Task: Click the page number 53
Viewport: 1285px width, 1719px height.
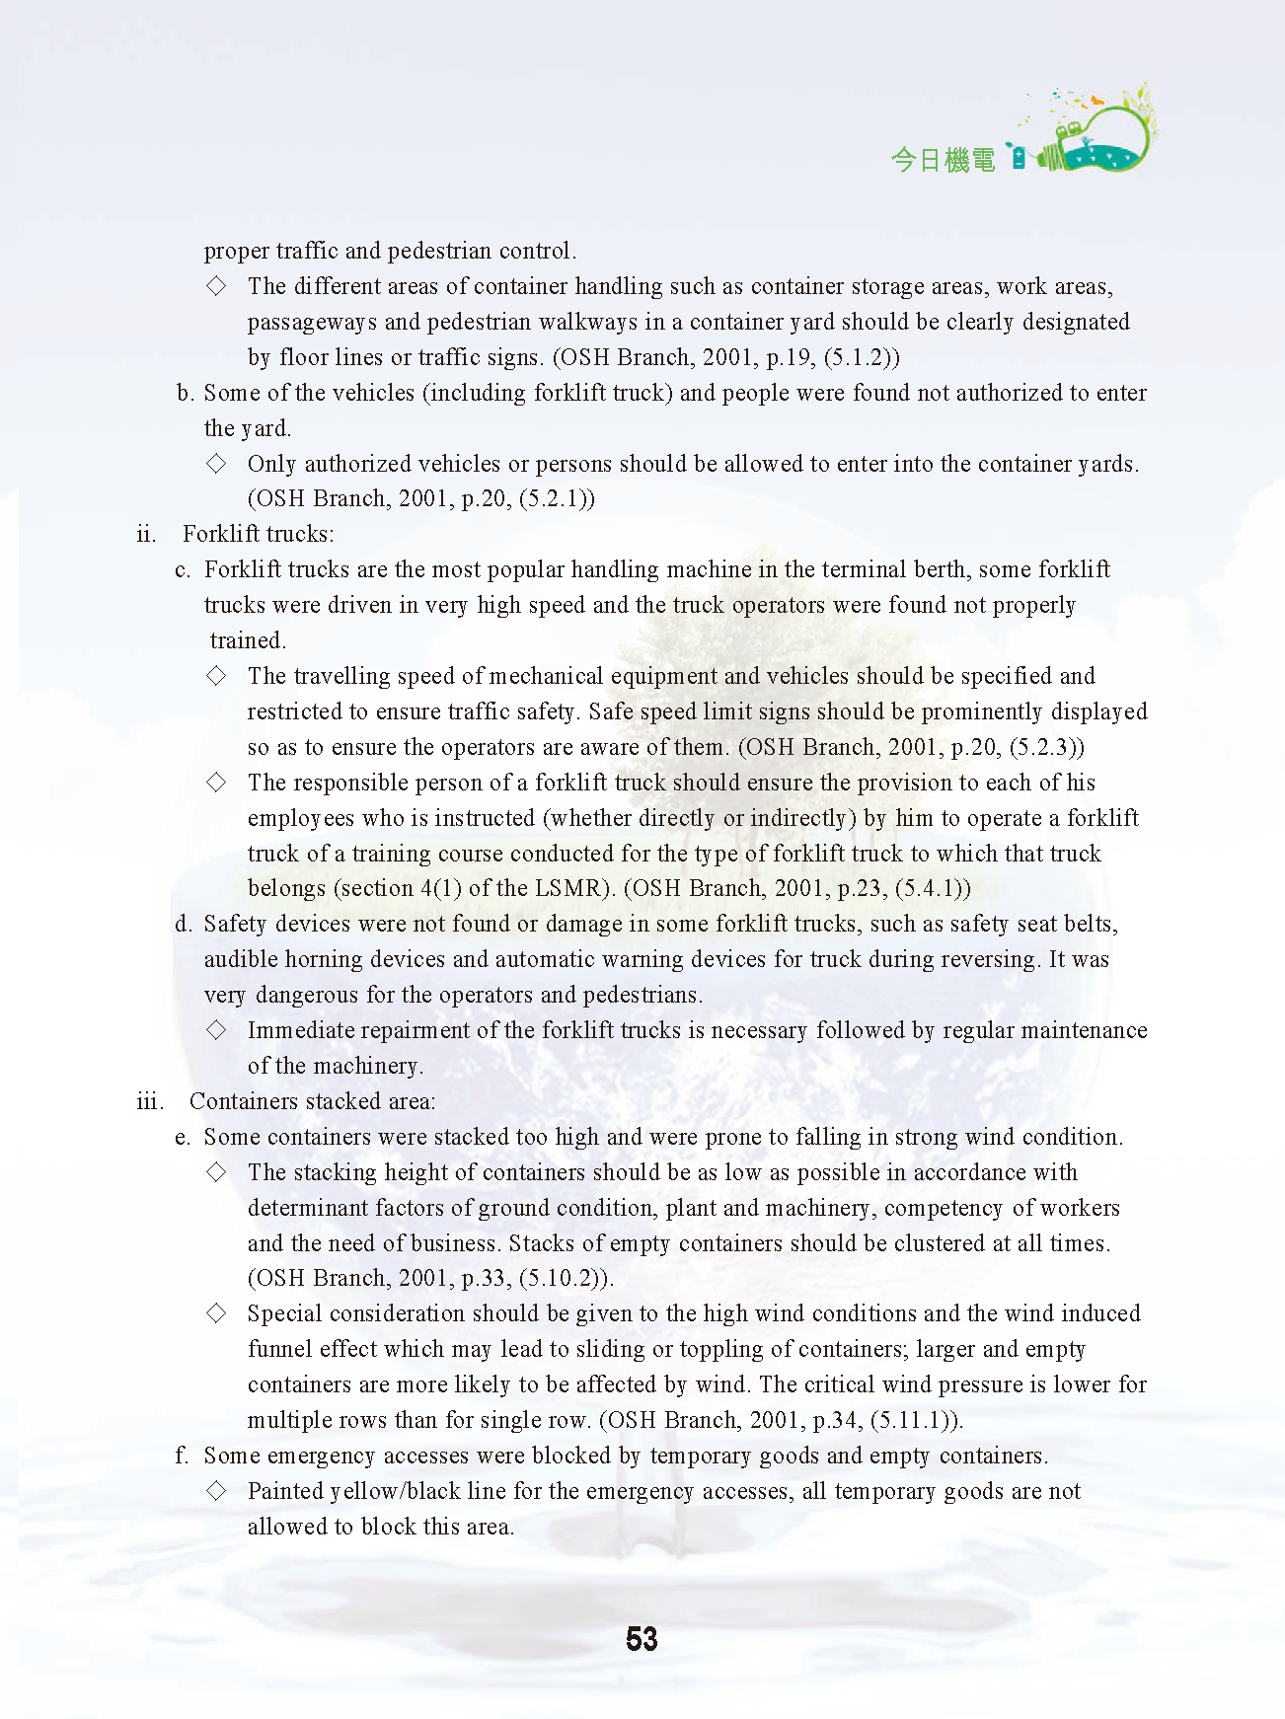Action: pyautogui.click(x=642, y=1639)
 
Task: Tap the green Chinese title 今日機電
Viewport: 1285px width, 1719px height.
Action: pyautogui.click(x=943, y=160)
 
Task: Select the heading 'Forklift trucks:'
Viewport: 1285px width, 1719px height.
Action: pyautogui.click(x=259, y=535)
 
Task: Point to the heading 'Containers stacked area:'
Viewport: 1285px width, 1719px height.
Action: pyautogui.click(x=312, y=1101)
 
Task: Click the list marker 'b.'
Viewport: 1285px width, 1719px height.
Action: pyautogui.click(x=185, y=394)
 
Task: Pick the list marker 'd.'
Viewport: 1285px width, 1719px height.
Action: pyautogui.click(x=184, y=925)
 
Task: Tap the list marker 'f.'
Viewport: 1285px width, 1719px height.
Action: pyautogui.click(x=182, y=1456)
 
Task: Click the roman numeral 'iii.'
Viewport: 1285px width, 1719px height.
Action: pyautogui.click(x=149, y=1101)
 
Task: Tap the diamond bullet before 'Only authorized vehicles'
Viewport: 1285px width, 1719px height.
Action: pyautogui.click(x=216, y=464)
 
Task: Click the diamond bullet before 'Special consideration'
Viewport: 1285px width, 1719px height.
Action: pyautogui.click(x=216, y=1313)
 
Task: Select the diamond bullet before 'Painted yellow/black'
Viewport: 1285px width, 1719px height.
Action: pyautogui.click(x=216, y=1491)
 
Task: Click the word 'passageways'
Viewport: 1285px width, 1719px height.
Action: pyautogui.click(x=312, y=322)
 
